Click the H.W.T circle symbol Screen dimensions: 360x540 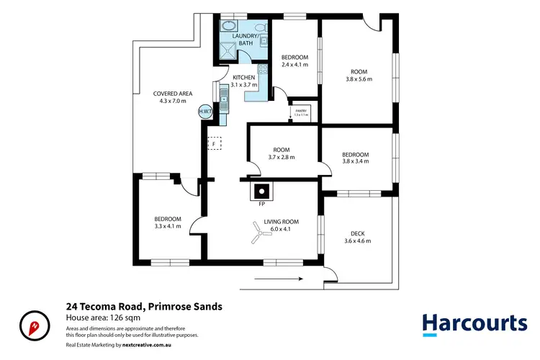pos(204,112)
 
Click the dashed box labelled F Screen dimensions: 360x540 pos(214,144)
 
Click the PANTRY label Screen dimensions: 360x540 pos(301,112)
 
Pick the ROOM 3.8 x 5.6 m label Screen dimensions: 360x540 pos(359,76)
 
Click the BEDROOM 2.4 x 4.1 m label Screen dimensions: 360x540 pos(294,61)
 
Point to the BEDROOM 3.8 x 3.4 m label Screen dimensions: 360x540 pos(355,158)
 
